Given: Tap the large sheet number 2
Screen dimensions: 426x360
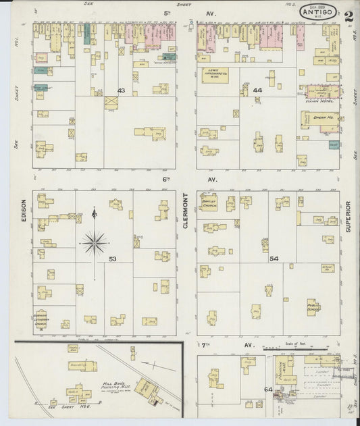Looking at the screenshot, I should (348, 17).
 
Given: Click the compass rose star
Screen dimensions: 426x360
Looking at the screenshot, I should (94, 240).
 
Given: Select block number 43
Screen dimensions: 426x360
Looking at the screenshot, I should (122, 90).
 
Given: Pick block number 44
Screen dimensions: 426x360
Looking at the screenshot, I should (257, 90).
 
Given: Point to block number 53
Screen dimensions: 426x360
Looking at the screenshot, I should (113, 259).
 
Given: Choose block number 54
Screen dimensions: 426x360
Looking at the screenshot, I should (274, 259).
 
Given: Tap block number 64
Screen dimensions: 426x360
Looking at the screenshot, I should (268, 390).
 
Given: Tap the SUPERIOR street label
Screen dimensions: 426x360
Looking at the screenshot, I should (349, 216).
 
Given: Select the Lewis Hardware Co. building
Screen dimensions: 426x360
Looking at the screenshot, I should (215, 76).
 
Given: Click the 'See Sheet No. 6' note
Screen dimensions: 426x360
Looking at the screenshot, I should (66, 409).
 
